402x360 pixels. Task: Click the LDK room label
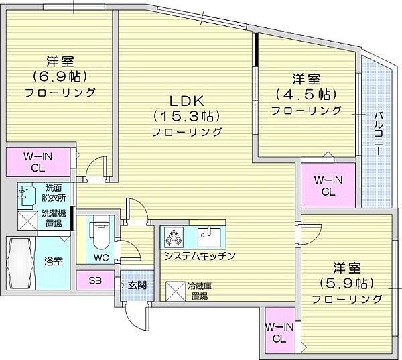point(187,101)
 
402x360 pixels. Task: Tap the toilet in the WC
point(101,233)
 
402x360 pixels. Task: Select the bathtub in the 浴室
point(21,263)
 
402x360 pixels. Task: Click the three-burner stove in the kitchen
point(172,237)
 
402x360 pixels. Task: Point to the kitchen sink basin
point(209,237)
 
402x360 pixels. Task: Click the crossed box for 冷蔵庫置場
point(176,291)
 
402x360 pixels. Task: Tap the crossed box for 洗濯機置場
point(27,221)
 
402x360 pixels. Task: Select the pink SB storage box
point(95,280)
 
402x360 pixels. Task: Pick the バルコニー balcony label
point(378,133)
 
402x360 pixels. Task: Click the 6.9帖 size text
point(60,76)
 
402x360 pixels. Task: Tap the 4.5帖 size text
point(307,95)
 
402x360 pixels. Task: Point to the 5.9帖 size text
point(346,284)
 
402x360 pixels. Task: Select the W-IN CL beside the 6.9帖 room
point(38,162)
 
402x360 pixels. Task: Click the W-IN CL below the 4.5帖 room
point(328,186)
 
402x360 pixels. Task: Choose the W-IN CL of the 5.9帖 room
point(279,333)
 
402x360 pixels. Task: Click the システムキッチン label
point(200,256)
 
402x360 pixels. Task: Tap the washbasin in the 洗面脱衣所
point(25,194)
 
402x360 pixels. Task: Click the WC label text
point(101,257)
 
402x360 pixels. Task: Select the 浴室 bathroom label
point(54,262)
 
